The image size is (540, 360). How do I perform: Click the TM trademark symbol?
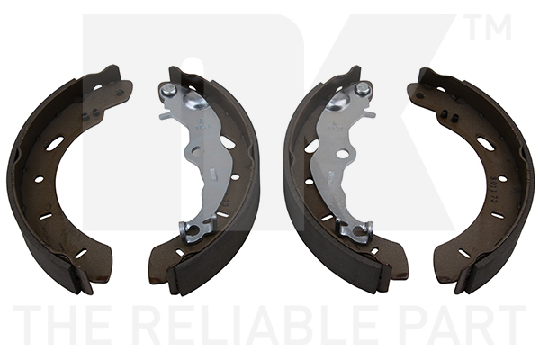(488, 27)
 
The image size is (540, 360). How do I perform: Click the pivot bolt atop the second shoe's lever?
(169, 90)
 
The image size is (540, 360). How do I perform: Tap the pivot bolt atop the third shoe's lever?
(362, 88)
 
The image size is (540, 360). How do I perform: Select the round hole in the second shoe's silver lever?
(196, 150)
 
